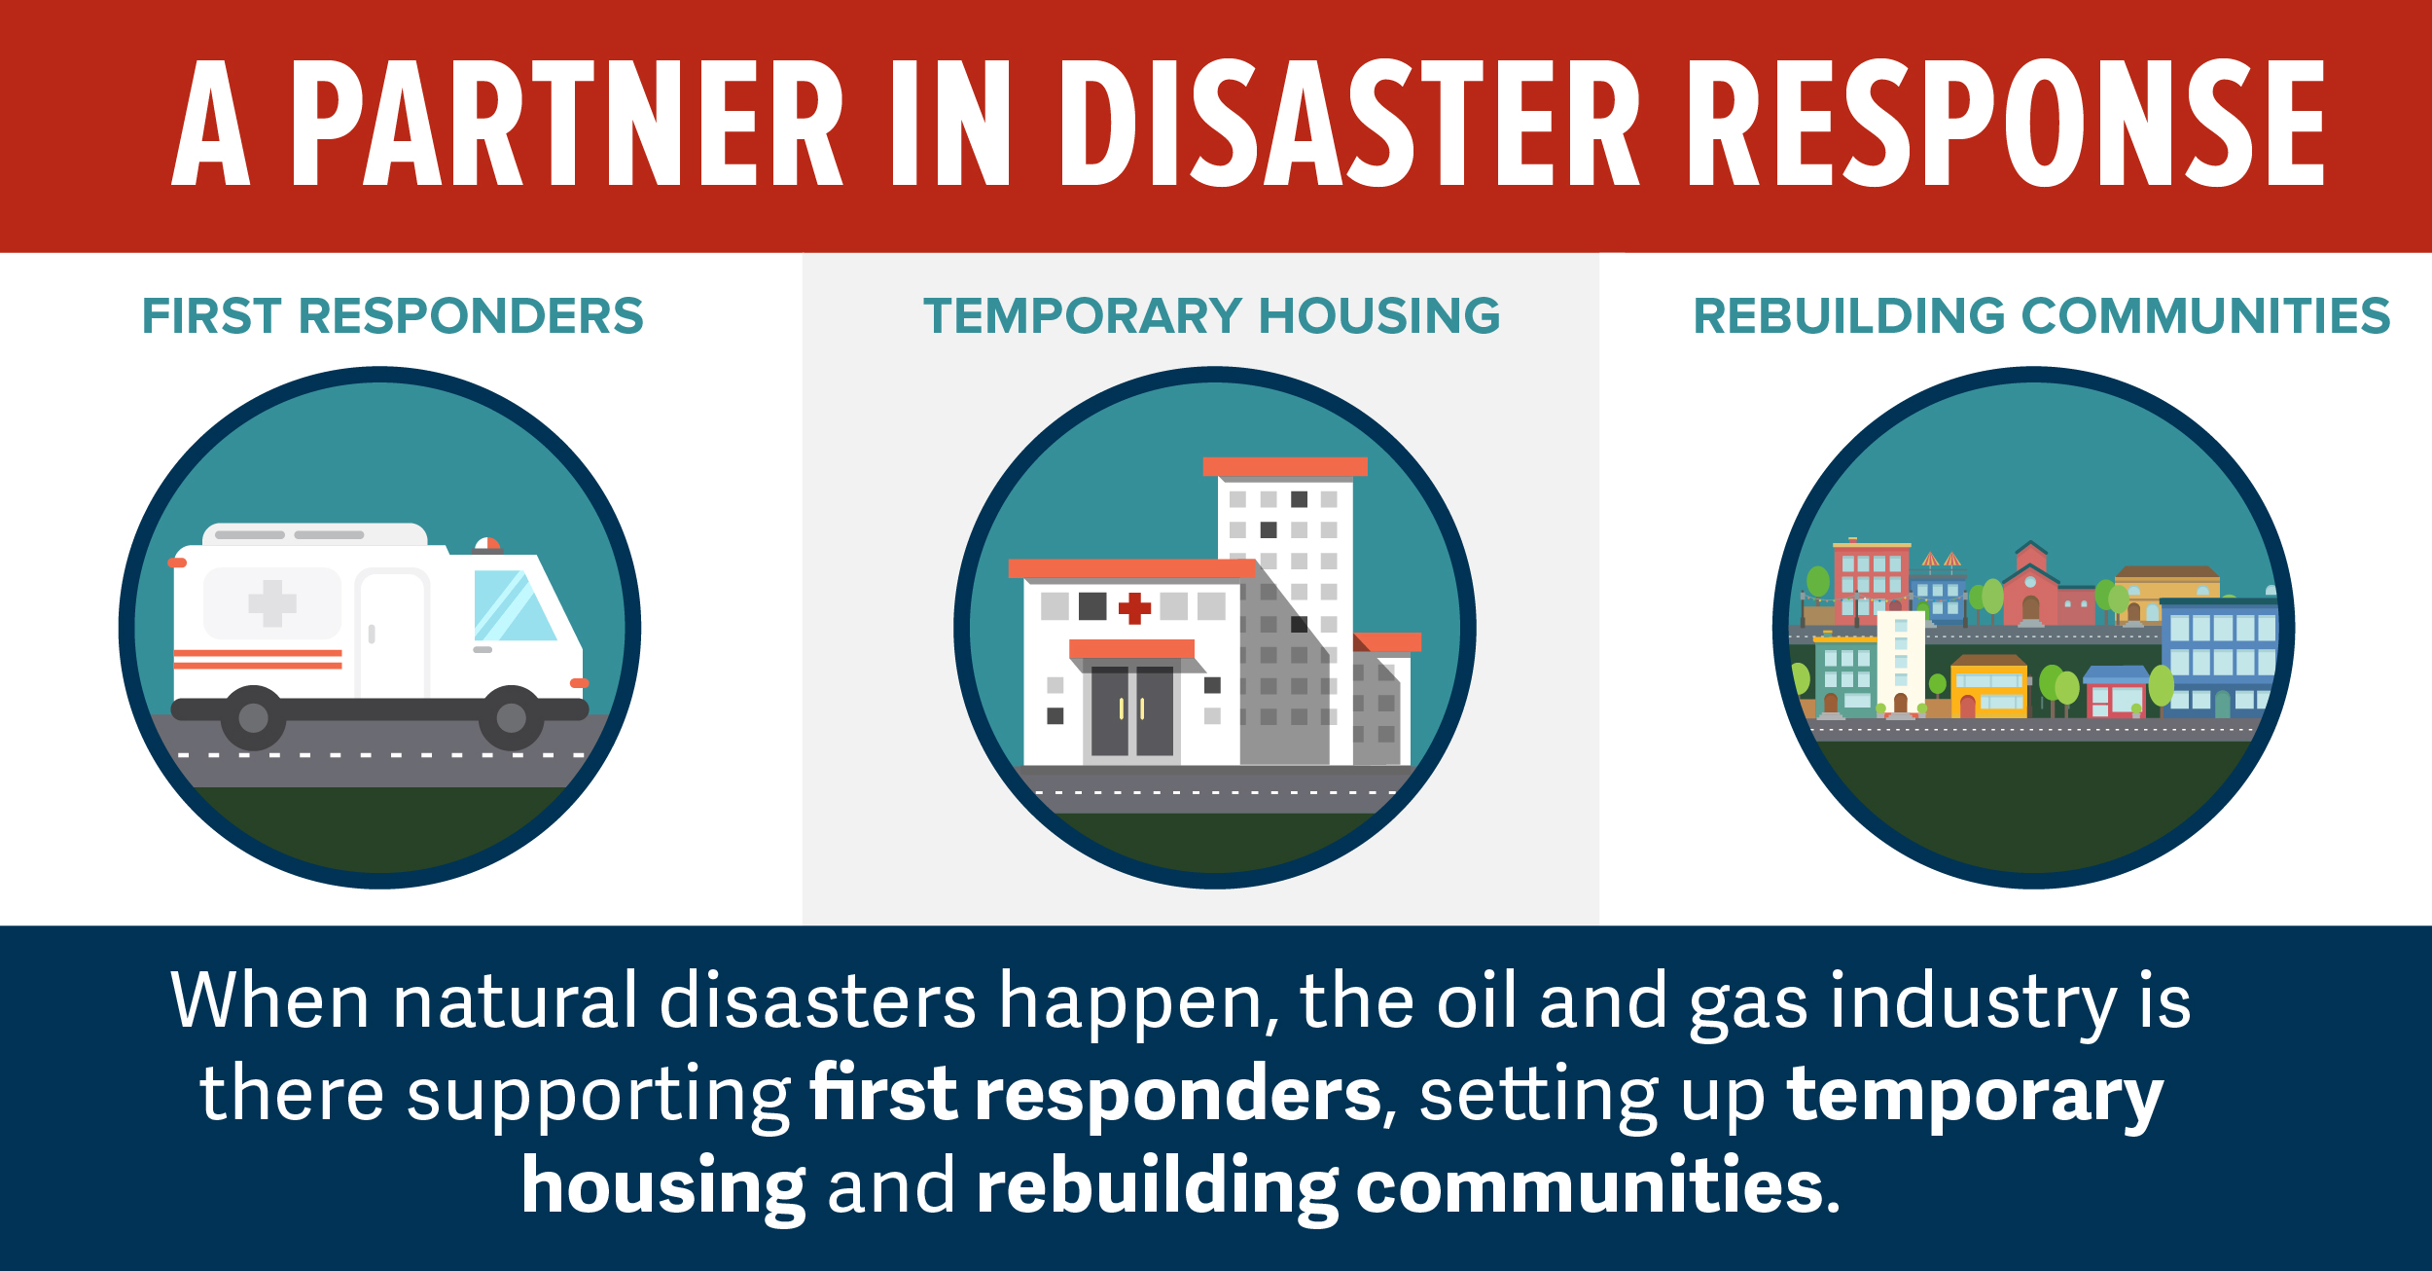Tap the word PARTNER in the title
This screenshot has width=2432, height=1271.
(x=568, y=123)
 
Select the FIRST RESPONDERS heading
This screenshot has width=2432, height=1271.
(x=393, y=316)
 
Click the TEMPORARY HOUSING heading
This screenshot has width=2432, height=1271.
(x=1212, y=316)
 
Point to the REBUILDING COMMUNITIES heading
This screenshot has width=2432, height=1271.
(x=2042, y=316)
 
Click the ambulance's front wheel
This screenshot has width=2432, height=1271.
(x=512, y=718)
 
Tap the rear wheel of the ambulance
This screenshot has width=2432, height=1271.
(x=254, y=718)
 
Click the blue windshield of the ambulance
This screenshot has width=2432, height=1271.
(x=513, y=605)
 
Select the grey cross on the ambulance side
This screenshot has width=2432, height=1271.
(x=272, y=603)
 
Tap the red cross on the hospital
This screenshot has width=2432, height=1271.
(x=1134, y=608)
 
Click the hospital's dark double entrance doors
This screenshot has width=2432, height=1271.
(x=1132, y=710)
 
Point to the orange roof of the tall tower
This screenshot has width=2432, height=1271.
(x=1285, y=467)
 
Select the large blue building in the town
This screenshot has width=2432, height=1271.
(x=2219, y=660)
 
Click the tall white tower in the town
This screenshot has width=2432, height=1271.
(x=1901, y=663)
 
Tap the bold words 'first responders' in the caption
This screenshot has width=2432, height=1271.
(x=1095, y=1095)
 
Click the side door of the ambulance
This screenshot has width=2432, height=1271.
(x=392, y=635)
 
